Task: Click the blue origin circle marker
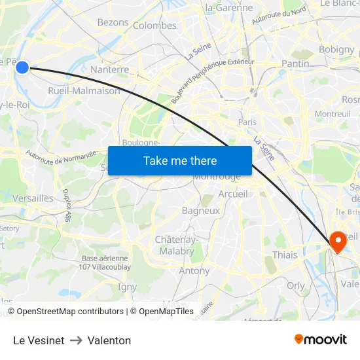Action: [22, 67]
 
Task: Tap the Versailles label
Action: [33, 198]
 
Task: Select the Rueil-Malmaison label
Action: [84, 91]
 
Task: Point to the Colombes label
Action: [154, 26]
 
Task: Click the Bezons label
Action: [113, 22]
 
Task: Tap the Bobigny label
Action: [336, 49]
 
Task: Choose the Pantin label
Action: [295, 63]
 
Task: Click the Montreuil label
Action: [333, 113]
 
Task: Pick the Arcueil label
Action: [233, 194]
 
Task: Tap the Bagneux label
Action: [200, 211]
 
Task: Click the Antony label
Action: [194, 270]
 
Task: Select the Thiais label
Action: [284, 255]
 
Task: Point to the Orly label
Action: [295, 285]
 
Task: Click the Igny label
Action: [127, 287]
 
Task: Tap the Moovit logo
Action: [320, 339]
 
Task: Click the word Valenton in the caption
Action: [109, 340]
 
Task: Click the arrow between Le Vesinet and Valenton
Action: [76, 340]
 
